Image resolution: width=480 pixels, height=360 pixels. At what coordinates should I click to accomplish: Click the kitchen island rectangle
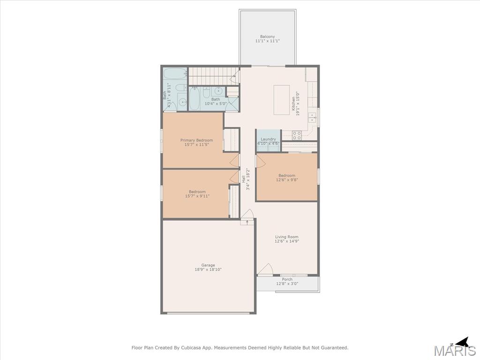click(x=282, y=100)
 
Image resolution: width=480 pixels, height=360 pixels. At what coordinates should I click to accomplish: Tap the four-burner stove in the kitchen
click(x=297, y=135)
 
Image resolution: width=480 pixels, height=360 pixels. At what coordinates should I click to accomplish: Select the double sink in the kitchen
click(x=312, y=117)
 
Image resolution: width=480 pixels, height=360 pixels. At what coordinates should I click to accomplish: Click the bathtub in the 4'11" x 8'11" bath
click(x=175, y=74)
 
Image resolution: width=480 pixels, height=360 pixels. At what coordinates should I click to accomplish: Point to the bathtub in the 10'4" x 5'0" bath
click(x=195, y=98)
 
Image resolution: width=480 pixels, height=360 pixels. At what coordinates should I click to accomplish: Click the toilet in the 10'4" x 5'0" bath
click(x=207, y=91)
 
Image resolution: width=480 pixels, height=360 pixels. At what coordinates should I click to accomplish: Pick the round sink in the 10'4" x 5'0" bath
click(x=218, y=90)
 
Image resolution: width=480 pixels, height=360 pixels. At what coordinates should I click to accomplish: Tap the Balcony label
click(x=268, y=37)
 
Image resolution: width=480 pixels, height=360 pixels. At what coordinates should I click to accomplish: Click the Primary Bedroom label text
click(x=196, y=140)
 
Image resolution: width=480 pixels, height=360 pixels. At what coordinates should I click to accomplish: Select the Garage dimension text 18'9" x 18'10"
click(x=208, y=270)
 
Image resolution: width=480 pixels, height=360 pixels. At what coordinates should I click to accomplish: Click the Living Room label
click(x=287, y=237)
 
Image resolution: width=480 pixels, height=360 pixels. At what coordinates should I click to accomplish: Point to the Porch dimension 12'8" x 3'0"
click(x=287, y=284)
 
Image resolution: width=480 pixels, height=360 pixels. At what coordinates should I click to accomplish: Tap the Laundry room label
click(x=269, y=139)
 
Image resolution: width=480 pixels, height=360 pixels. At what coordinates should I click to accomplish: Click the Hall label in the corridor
click(x=244, y=179)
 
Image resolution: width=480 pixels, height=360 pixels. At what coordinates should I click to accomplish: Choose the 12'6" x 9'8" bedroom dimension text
click(x=287, y=180)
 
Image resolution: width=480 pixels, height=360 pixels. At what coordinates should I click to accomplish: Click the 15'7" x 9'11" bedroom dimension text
click(x=197, y=196)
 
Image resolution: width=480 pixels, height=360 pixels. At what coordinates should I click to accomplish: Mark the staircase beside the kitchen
click(x=213, y=76)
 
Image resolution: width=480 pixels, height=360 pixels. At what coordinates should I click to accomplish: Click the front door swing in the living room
click(x=265, y=269)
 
